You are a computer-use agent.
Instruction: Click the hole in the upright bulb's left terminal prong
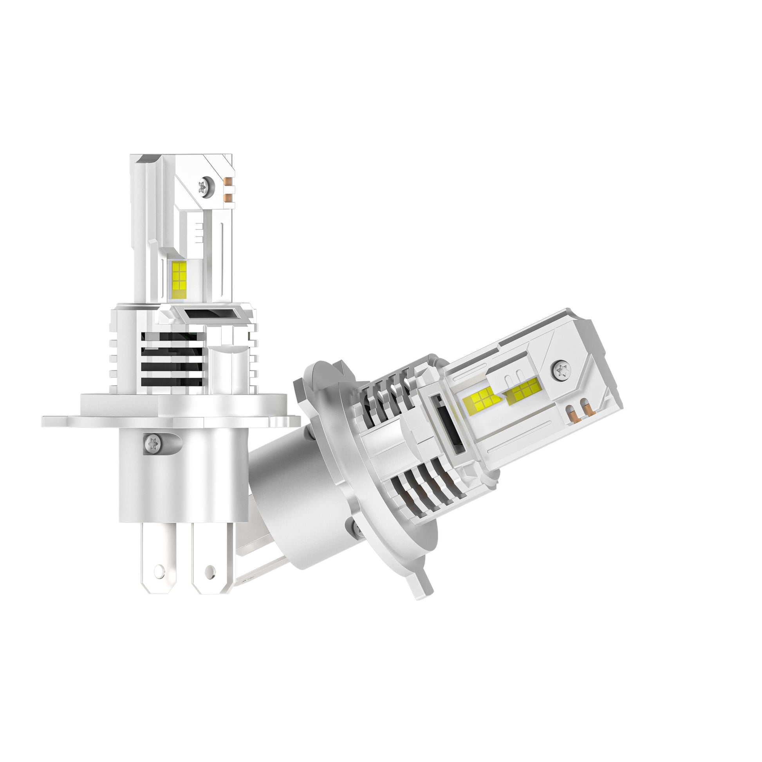[x=159, y=569]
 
